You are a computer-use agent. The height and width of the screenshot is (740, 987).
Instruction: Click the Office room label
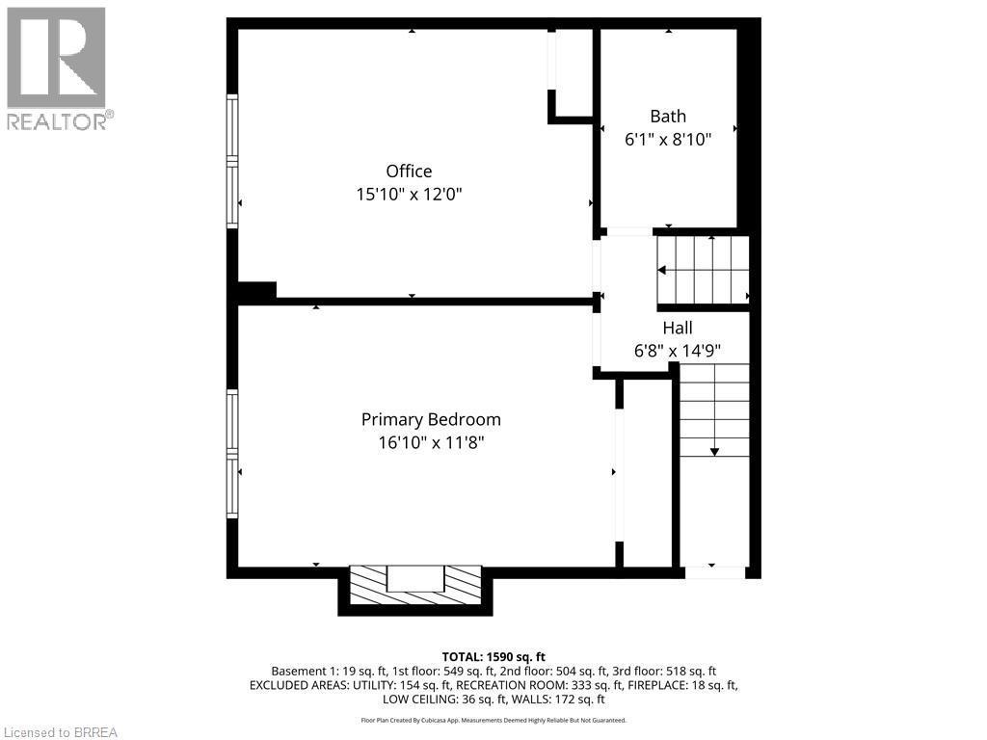pos(409,172)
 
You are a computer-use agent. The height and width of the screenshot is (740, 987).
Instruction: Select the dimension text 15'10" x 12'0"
pos(409,195)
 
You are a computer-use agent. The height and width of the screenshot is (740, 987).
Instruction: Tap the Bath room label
pos(667,117)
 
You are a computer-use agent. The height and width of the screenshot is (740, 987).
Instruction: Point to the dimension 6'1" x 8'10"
pos(668,140)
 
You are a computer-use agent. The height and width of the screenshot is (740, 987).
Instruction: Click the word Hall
pos(677,329)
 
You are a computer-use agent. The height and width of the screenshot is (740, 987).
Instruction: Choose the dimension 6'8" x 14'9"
pos(678,352)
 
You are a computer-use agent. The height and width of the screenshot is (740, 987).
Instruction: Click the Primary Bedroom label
pos(431,420)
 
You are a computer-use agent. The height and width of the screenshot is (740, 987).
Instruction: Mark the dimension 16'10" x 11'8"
pos(431,443)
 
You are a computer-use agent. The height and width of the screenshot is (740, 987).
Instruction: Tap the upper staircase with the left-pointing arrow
pos(703,271)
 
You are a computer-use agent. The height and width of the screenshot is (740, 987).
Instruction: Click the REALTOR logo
pos(57,68)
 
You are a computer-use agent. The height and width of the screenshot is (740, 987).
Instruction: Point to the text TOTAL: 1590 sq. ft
pos(493,656)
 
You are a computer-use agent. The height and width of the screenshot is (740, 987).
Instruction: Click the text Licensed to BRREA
pos(60,732)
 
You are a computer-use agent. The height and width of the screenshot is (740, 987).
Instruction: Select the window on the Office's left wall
pos(232,161)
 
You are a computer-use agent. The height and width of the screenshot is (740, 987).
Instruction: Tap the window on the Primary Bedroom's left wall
pos(232,453)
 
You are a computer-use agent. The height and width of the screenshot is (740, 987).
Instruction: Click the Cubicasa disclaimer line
pos(493,720)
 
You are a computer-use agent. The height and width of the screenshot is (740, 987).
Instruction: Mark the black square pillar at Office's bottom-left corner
pos(256,290)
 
